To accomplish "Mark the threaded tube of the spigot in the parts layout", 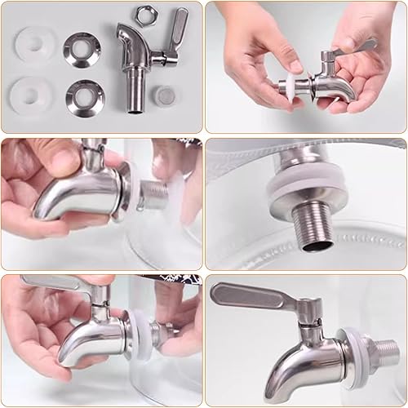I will point(136,91).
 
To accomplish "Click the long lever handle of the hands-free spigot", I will point(245,293).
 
